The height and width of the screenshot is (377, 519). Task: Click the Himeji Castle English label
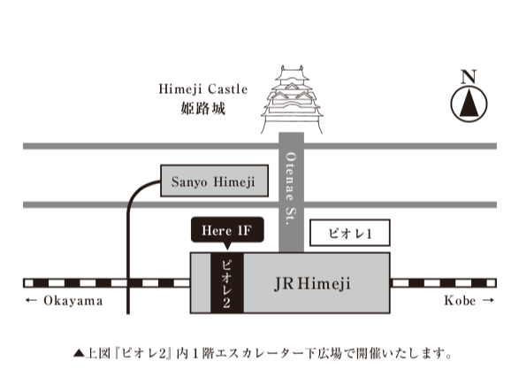[202, 89]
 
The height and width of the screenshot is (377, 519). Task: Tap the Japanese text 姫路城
[202, 108]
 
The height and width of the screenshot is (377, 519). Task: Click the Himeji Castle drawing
[292, 99]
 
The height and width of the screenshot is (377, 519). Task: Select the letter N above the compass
[469, 76]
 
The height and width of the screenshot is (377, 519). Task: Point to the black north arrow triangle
[469, 103]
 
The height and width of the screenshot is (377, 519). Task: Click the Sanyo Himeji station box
[214, 181]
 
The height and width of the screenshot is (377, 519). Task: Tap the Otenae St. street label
[291, 188]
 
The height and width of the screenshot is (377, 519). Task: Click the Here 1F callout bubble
[227, 229]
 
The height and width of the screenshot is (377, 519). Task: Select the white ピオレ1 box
[350, 233]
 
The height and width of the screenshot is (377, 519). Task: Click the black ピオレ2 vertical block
[227, 283]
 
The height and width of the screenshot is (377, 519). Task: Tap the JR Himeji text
[312, 284]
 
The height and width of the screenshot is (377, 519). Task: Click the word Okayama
[73, 301]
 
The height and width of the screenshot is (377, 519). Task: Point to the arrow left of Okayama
[31, 301]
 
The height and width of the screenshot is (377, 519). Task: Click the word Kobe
[460, 301]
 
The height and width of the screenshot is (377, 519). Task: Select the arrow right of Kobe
[488, 300]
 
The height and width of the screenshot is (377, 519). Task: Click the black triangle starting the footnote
[79, 353]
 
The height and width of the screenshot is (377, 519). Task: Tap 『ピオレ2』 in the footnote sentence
[143, 353]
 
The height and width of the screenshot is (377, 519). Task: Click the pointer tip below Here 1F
[227, 250]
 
